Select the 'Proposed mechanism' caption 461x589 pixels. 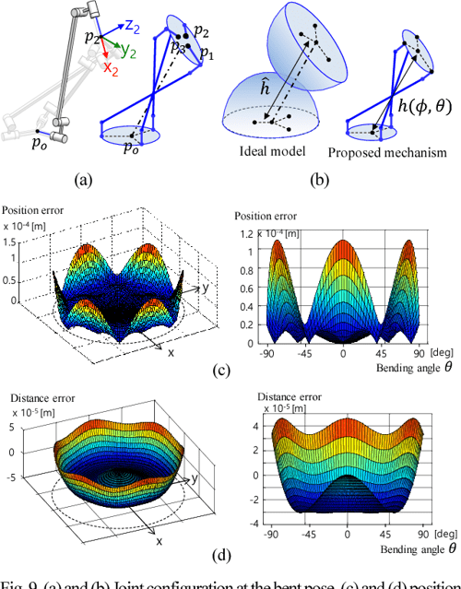(x=383, y=150)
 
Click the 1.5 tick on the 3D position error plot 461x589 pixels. (x=17, y=241)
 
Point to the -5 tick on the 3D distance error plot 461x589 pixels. (x=18, y=476)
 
